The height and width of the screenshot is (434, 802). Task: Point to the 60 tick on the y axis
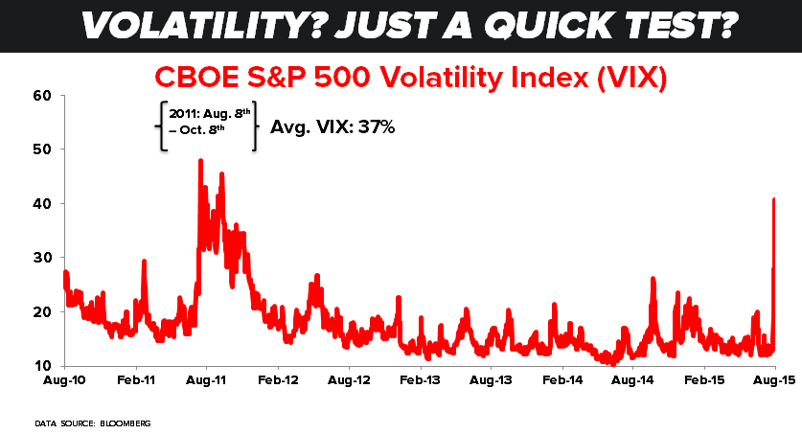click(41, 96)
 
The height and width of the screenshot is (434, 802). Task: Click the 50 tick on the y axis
click(41, 149)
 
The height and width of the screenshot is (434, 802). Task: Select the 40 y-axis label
click(41, 204)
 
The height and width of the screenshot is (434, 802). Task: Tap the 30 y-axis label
click(41, 258)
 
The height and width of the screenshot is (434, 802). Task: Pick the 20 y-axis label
click(41, 312)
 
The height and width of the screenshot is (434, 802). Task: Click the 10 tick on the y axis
click(41, 366)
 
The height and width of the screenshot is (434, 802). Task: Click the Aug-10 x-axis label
click(64, 380)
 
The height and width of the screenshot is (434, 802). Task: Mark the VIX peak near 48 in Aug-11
click(200, 161)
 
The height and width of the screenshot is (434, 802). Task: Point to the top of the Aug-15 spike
click(773, 199)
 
